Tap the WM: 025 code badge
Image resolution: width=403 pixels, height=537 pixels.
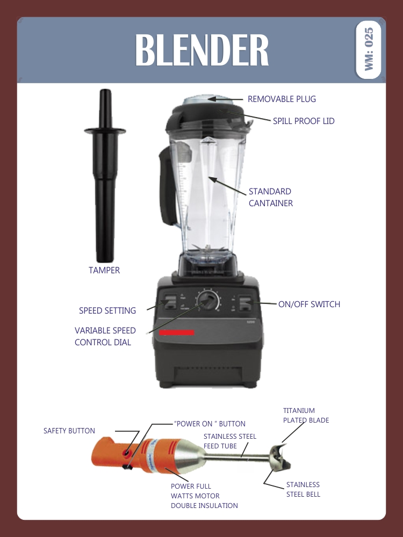tap(369, 50)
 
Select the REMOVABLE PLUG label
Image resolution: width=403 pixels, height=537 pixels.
tap(282, 99)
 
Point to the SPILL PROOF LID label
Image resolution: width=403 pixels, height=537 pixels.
tap(304, 121)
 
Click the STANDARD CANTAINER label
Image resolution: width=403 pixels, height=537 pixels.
tap(271, 197)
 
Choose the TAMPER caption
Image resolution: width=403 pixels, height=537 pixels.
tap(104, 270)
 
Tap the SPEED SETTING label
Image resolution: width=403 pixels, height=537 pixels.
tap(107, 310)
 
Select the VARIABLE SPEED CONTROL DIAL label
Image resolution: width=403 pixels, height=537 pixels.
tap(105, 336)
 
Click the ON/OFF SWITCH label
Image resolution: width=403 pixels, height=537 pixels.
tap(309, 304)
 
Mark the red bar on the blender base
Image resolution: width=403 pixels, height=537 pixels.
tap(176, 333)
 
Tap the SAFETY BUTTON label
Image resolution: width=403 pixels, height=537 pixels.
tap(69, 431)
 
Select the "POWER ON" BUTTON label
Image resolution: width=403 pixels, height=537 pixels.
tap(210, 424)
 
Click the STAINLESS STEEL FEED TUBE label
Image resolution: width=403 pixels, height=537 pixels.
tap(229, 441)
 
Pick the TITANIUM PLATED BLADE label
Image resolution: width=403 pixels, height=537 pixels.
tap(306, 416)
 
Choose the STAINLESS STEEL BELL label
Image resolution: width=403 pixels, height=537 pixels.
tap(303, 489)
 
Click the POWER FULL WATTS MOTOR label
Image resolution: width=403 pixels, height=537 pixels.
tap(204, 496)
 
